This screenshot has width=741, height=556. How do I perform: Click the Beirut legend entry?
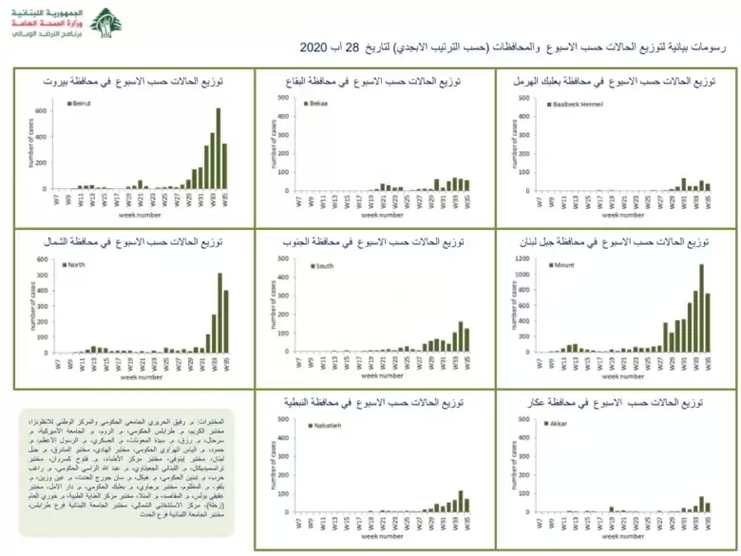[x=78, y=103]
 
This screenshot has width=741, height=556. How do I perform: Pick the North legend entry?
[x=76, y=264]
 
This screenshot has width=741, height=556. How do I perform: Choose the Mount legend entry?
[x=560, y=264]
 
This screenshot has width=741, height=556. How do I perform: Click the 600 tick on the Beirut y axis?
[x=41, y=110]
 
